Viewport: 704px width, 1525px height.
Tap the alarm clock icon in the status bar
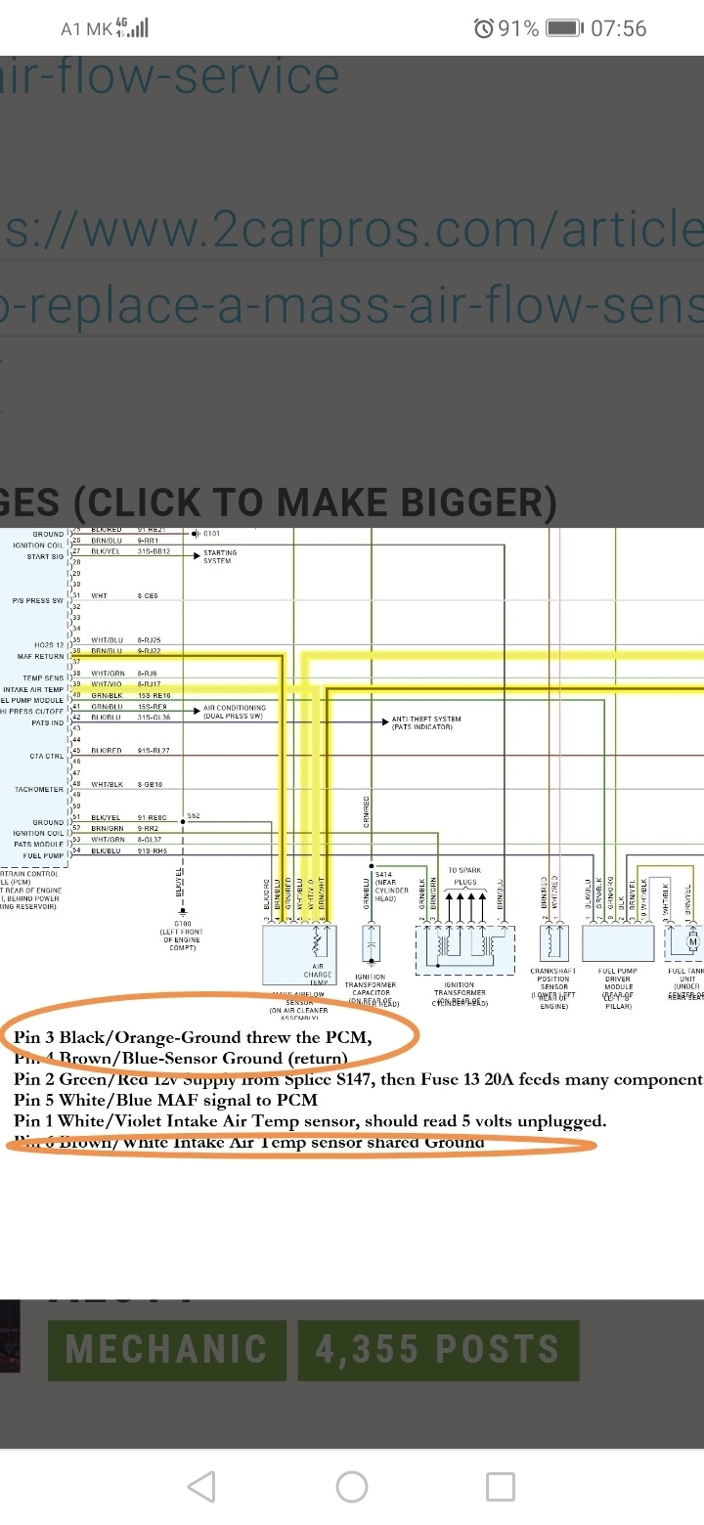pos(484,28)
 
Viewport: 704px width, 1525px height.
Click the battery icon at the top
pos(564,28)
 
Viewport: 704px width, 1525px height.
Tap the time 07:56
pos(619,28)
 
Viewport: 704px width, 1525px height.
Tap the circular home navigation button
pos(351,1487)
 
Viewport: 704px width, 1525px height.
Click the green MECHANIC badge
pos(166,1350)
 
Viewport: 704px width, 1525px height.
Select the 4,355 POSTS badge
pos(437,1350)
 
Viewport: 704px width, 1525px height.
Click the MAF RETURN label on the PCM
pos(36,657)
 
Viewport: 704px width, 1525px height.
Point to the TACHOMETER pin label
pos(39,789)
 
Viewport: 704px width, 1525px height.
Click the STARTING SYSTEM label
pos(219,556)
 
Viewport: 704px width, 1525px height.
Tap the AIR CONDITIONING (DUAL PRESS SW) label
pos(234,712)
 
